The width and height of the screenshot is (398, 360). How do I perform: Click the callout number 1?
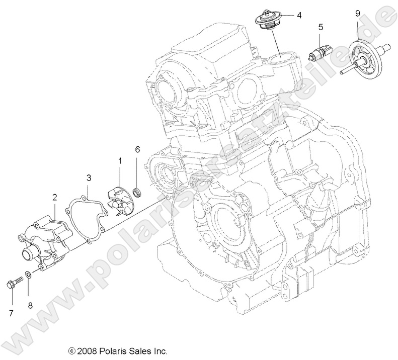pos(120,160)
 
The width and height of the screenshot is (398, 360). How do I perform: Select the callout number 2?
pos(54,198)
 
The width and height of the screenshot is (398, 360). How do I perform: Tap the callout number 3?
pos(88,177)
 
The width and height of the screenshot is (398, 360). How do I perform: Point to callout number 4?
pos(298,15)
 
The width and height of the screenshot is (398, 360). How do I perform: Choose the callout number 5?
pos(320,27)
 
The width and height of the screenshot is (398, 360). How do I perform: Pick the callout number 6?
pos(137,149)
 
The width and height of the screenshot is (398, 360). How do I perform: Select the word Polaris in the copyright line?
pos(113,351)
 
